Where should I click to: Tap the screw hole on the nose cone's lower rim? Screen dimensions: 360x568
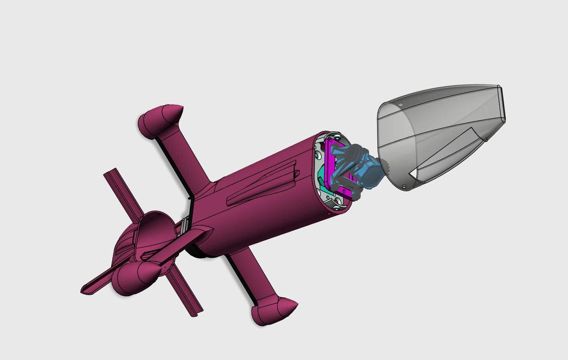[x=404, y=187]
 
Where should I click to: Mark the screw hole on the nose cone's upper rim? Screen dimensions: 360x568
[x=400, y=105]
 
